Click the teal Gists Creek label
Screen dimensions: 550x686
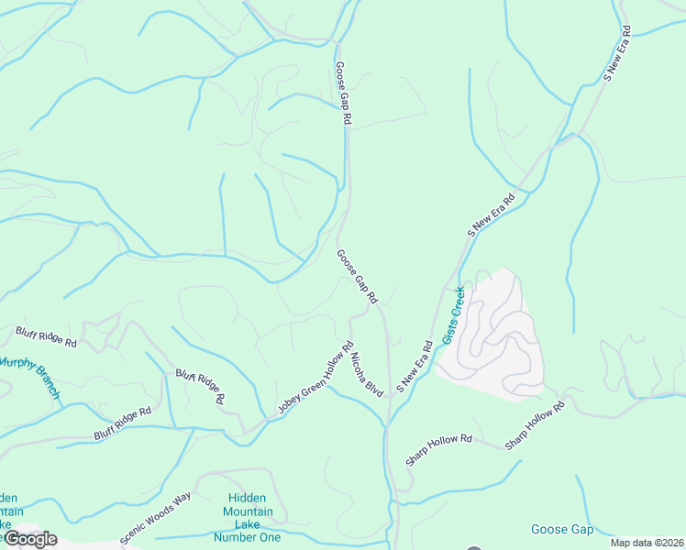pos(454,315)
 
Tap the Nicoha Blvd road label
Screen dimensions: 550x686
pos(365,370)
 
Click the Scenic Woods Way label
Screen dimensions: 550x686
pos(155,517)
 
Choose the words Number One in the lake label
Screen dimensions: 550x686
pos(247,537)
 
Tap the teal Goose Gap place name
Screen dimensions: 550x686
pos(562,530)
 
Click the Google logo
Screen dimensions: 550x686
pos(29,539)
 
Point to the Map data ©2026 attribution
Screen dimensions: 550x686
pos(647,543)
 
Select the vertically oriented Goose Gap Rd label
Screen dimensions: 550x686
pos(343,93)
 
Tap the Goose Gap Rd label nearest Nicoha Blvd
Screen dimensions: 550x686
pos(357,277)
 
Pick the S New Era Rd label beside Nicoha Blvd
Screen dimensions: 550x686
pos(414,368)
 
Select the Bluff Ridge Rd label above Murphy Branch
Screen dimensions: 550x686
pos(46,336)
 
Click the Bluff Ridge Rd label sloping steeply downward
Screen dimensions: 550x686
pos(200,387)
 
